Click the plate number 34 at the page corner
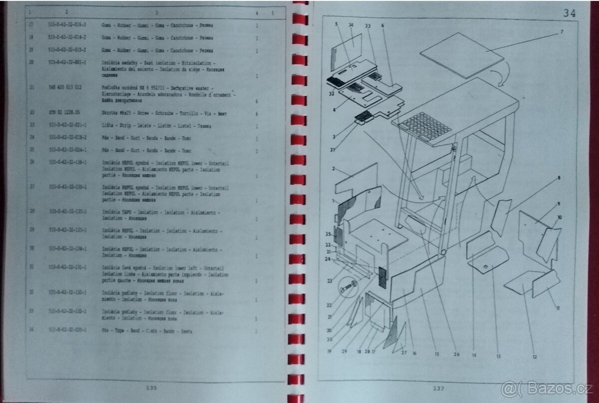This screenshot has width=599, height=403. coord(569,13)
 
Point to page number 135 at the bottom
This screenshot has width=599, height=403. coord(152,387)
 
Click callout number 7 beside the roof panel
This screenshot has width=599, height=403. coord(561,32)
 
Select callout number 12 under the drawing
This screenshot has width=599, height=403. coord(535,357)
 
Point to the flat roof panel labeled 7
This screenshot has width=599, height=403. coord(461,54)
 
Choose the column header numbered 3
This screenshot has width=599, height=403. coord(156,12)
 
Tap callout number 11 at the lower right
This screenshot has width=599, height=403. coord(558,308)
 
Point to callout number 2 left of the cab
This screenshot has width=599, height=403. coord(333,169)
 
